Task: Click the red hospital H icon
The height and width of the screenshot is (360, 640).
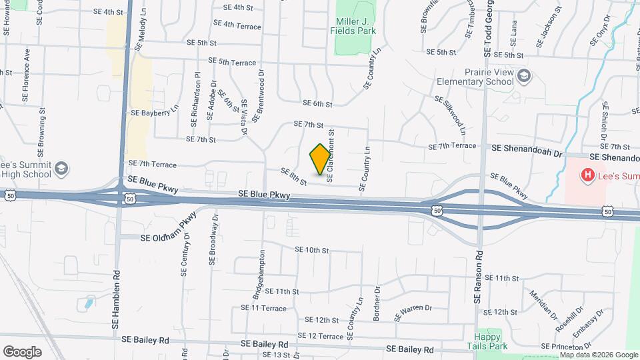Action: [x=587, y=175]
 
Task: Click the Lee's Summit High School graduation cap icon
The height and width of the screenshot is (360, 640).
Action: [x=62, y=167]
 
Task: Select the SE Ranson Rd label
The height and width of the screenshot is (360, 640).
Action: [x=477, y=277]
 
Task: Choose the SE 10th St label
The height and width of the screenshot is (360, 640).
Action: [x=313, y=250]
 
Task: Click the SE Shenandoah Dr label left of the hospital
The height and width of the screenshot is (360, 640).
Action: [x=524, y=152]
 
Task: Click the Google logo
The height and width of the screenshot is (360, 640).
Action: [x=22, y=351]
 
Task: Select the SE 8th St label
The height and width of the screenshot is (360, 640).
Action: [x=293, y=177]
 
